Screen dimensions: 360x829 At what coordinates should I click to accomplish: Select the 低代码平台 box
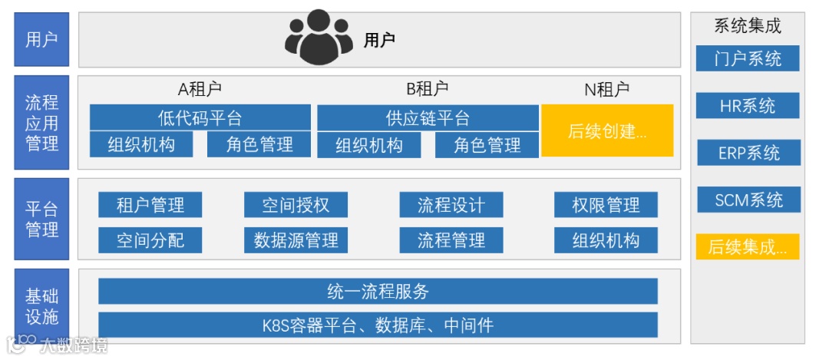(200, 117)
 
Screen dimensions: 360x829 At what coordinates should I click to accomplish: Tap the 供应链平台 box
(428, 117)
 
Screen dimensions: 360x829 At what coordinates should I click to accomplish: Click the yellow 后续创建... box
(607, 130)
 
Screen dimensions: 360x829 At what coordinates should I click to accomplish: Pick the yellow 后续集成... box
(747, 246)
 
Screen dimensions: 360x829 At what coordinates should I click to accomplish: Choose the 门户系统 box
(747, 58)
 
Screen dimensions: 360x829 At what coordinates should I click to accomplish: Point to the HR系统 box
(747, 105)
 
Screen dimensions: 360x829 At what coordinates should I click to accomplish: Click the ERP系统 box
(747, 153)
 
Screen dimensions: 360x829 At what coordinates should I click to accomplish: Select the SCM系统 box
(747, 200)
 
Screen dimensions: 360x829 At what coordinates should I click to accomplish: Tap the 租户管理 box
(150, 205)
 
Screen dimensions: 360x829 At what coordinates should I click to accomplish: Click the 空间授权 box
(296, 205)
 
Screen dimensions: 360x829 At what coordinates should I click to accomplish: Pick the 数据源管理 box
(296, 240)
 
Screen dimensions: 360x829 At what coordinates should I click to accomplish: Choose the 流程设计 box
(451, 205)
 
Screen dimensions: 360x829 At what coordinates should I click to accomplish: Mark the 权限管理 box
(606, 205)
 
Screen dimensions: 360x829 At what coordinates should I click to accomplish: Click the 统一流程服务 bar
(378, 291)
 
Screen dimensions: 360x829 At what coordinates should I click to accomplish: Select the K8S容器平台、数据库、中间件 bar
(378, 325)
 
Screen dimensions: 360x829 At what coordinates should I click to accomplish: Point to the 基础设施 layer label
(41, 306)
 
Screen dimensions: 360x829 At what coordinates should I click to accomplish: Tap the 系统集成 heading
(747, 26)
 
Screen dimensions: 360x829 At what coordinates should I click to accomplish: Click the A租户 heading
(200, 90)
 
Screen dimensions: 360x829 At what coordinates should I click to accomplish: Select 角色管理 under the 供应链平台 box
(487, 145)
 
